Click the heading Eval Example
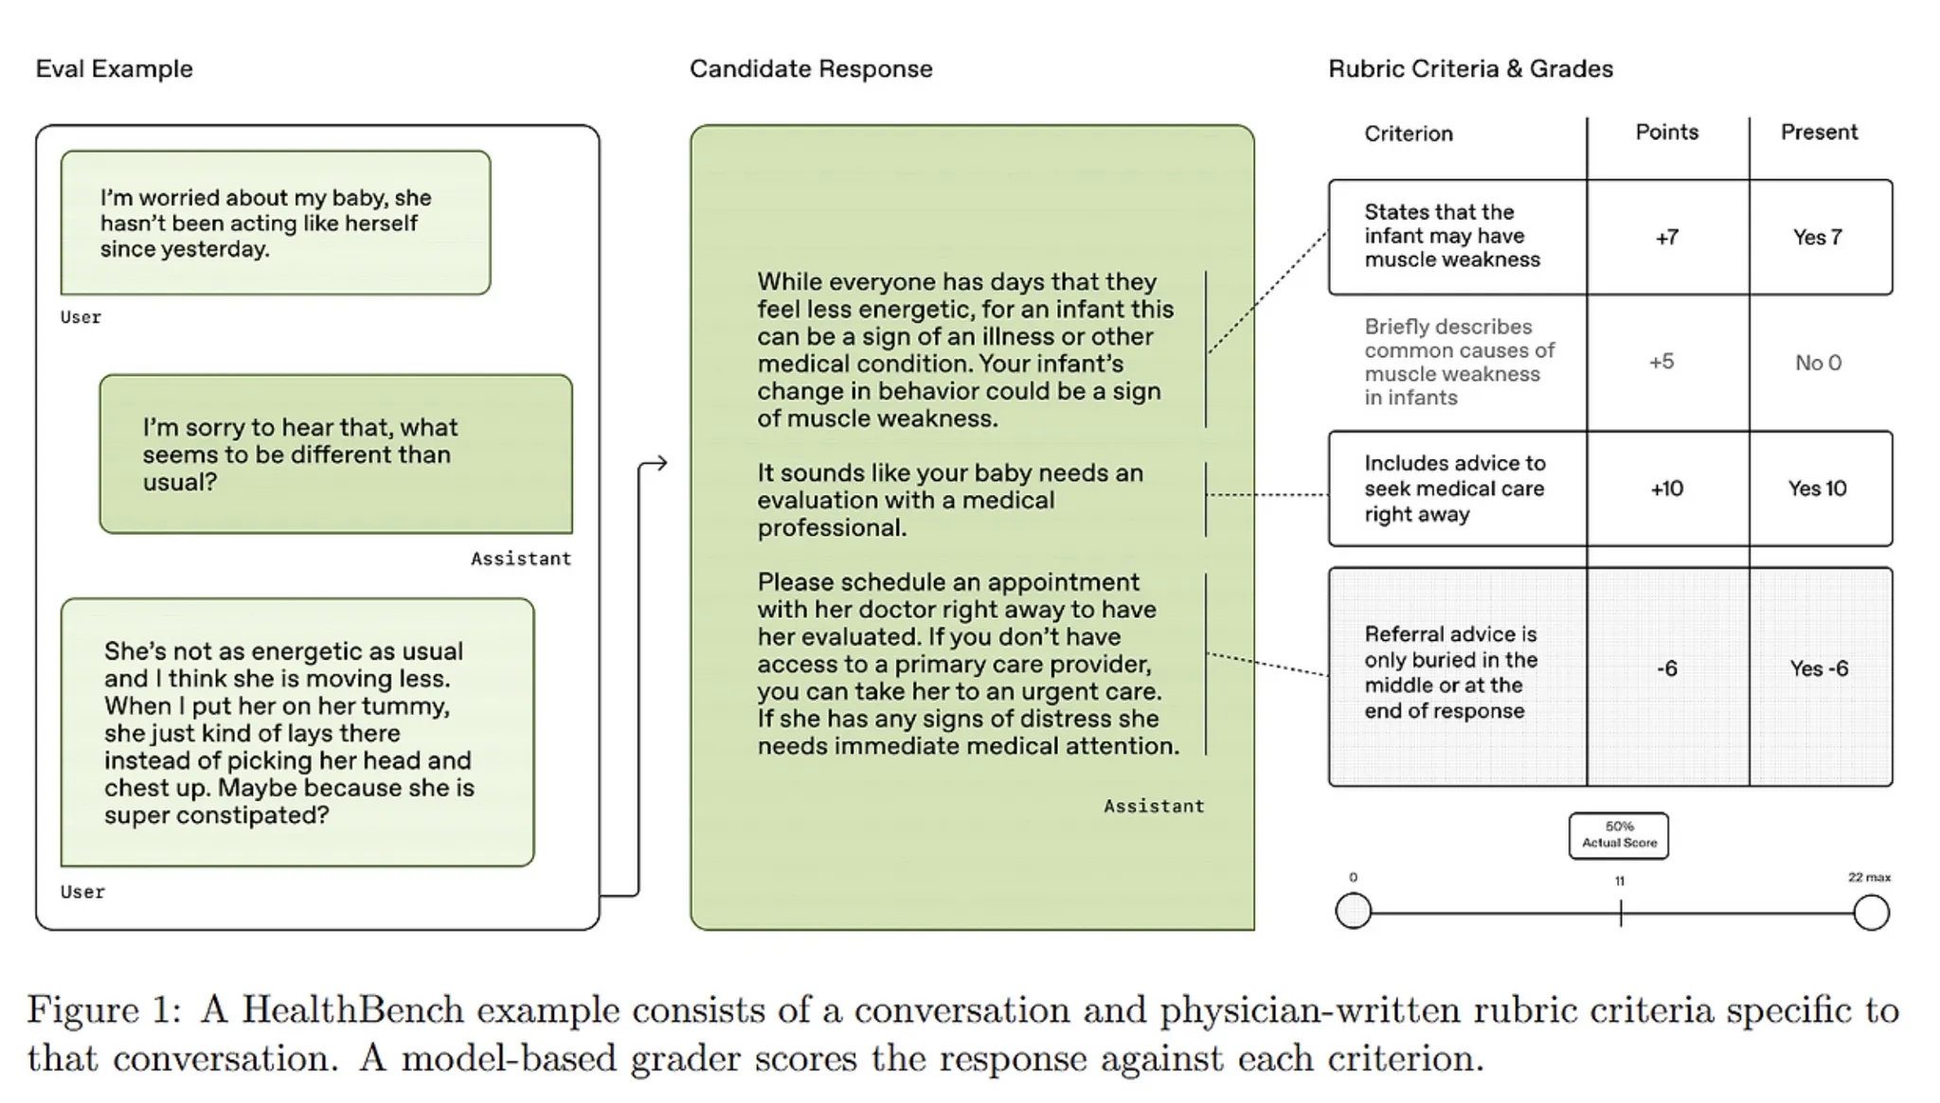[x=114, y=69]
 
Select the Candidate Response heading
[x=811, y=69]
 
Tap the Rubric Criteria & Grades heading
[x=1470, y=69]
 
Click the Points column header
[x=1667, y=132]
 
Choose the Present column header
[x=1819, y=132]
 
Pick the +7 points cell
[x=1667, y=237]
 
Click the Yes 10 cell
[x=1817, y=489]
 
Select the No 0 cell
[x=1818, y=363]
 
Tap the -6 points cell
[x=1667, y=668]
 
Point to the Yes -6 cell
[x=1819, y=668]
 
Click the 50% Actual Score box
[x=1619, y=835]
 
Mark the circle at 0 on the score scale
[x=1354, y=912]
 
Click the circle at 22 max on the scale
[x=1871, y=913]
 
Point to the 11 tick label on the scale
[x=1620, y=881]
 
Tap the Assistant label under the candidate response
[x=1154, y=806]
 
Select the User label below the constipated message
[x=82, y=892]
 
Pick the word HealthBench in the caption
[x=352, y=1011]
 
